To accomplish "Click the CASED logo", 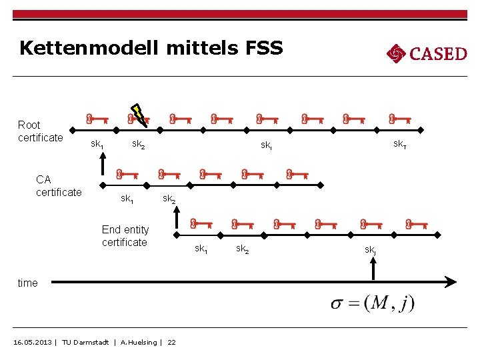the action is (427, 53).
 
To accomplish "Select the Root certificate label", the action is (40, 131).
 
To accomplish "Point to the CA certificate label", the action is (58, 185).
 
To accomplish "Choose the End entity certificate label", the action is (125, 236).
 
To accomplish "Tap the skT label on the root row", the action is (400, 144).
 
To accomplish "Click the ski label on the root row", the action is (266, 145).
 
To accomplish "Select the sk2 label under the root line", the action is (139, 144).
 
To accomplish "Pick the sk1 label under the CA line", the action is (127, 198).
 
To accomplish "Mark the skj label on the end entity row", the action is (371, 249).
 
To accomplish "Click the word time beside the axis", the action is (27, 283).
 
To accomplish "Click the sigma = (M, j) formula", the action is (373, 303).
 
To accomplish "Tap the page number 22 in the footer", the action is (171, 342).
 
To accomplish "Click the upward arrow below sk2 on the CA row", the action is (177, 219).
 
